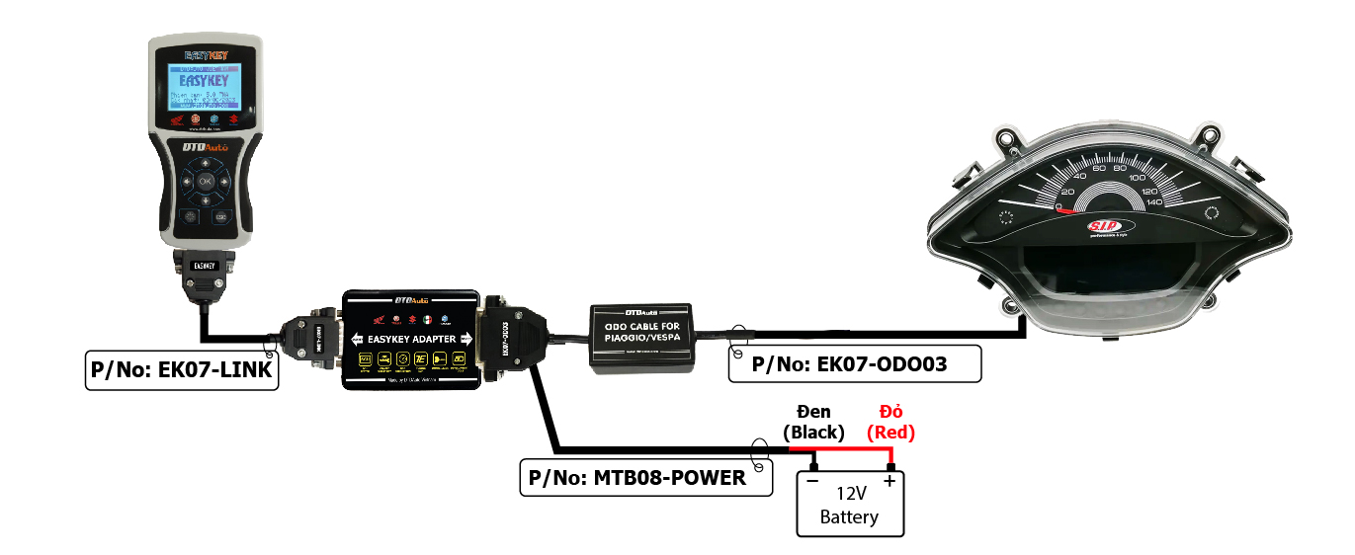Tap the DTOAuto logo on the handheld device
(x=206, y=147)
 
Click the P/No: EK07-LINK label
(x=181, y=370)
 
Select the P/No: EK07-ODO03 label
(x=854, y=363)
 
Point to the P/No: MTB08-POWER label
(x=646, y=478)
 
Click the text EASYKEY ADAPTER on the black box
(x=412, y=339)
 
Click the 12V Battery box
(x=850, y=503)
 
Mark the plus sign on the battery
(x=889, y=481)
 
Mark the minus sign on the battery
(x=812, y=481)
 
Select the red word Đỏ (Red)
(x=891, y=422)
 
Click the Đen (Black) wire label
(x=813, y=422)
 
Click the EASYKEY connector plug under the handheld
(x=205, y=267)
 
